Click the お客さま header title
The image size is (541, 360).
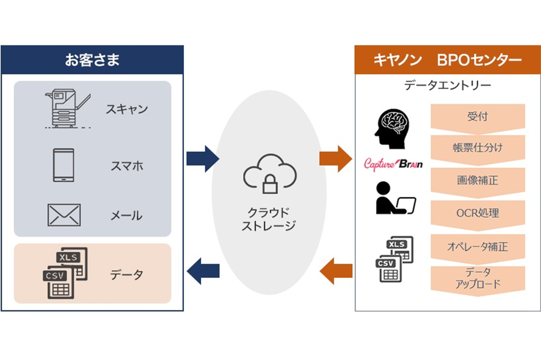[92, 60]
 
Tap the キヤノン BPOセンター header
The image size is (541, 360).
[448, 60]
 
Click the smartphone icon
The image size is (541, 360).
[63, 165]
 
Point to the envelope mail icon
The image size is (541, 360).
[64, 215]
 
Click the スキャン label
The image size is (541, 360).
[126, 109]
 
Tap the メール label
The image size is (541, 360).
[126, 216]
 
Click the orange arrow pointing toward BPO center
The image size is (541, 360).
[336, 159]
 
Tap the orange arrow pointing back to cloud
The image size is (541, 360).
[336, 271]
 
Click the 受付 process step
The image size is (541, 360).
[477, 116]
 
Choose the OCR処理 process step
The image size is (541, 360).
[477, 213]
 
